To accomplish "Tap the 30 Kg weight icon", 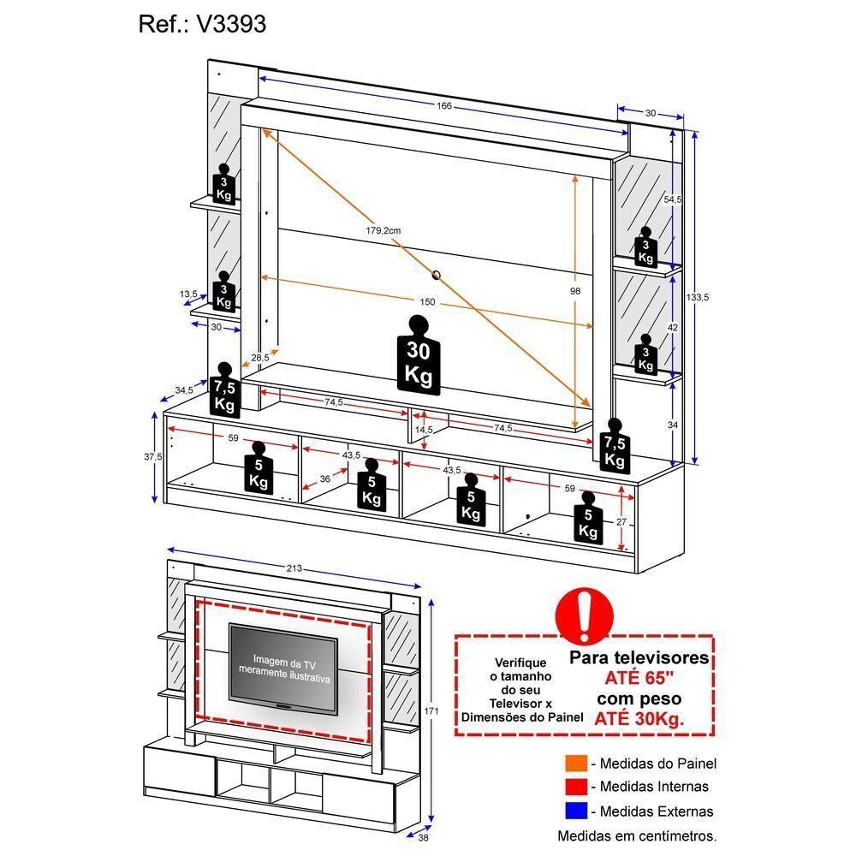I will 418,357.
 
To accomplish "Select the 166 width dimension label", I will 443,106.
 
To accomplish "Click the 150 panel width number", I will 426,302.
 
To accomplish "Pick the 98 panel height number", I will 575,291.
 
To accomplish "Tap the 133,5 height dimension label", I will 698,297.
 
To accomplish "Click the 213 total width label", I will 294,569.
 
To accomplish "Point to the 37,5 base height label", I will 153,457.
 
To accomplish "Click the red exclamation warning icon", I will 584,614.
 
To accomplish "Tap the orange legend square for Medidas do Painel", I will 575,764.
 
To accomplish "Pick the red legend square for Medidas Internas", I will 575,787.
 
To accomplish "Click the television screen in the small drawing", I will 283,668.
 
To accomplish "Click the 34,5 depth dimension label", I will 184,391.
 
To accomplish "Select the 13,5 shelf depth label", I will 188,294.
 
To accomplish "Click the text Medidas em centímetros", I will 637,835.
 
